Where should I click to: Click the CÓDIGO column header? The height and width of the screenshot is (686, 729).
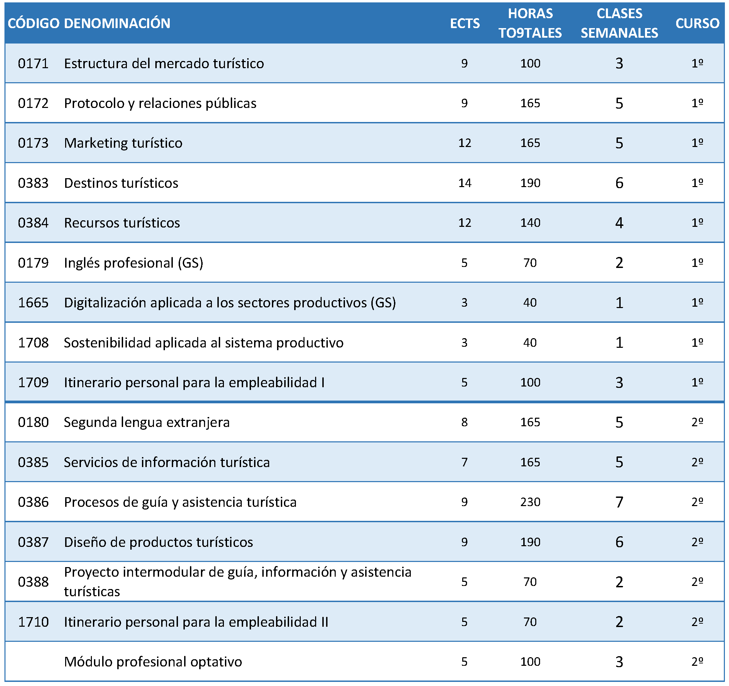[x=33, y=23]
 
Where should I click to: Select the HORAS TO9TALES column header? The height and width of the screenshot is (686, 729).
[x=530, y=23]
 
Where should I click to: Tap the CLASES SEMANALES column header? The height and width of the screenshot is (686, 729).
[x=619, y=23]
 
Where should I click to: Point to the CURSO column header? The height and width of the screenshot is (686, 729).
[x=697, y=23]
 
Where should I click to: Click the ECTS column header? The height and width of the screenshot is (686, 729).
[x=465, y=23]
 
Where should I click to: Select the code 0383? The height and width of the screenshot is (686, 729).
[x=33, y=183]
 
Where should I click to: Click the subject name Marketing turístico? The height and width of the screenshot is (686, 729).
[x=123, y=143]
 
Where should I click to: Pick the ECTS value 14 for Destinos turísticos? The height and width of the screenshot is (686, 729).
[x=465, y=183]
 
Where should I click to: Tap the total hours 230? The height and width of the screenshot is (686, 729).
[x=530, y=502]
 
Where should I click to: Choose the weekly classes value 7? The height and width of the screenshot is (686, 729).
[x=619, y=502]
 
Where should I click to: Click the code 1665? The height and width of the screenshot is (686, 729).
[x=33, y=303]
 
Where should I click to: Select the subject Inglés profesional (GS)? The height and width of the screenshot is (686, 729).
[x=133, y=263]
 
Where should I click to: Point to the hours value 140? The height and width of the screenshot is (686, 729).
[x=530, y=223]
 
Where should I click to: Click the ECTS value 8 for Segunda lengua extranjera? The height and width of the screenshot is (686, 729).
[x=464, y=422]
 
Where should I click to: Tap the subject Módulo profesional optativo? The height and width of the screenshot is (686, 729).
[x=153, y=662]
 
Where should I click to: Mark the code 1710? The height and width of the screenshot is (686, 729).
[x=33, y=622]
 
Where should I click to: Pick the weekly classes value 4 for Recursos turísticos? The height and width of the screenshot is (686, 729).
[x=619, y=223]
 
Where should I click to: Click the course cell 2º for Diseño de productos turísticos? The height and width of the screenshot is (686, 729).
[x=697, y=542]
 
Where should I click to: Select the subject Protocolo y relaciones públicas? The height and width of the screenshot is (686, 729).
[x=160, y=103]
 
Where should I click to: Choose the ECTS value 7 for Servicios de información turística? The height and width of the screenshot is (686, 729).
[x=464, y=462]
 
